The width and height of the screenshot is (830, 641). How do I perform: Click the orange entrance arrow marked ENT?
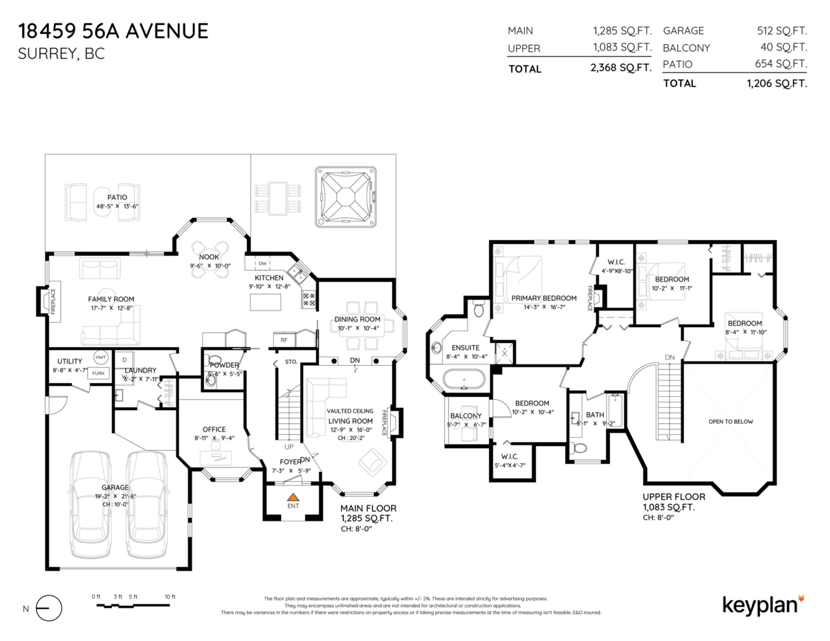coord(293,496)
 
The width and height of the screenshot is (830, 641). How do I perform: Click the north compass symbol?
coord(47,609)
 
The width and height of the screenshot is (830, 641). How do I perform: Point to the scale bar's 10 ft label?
coord(170,596)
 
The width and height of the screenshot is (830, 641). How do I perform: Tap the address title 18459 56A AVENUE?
coord(113,31)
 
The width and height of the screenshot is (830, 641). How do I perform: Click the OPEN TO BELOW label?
coord(730,421)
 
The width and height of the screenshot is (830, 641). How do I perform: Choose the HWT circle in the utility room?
coord(100,357)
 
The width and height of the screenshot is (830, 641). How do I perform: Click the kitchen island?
coord(266,301)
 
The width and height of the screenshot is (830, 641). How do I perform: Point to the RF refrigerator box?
coord(284,340)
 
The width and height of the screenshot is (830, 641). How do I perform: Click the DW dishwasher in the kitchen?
coord(264,263)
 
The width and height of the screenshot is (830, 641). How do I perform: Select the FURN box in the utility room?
coord(99,373)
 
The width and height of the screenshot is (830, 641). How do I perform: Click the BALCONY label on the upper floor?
coord(465,416)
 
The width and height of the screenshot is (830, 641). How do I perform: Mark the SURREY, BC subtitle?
coord(62,53)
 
